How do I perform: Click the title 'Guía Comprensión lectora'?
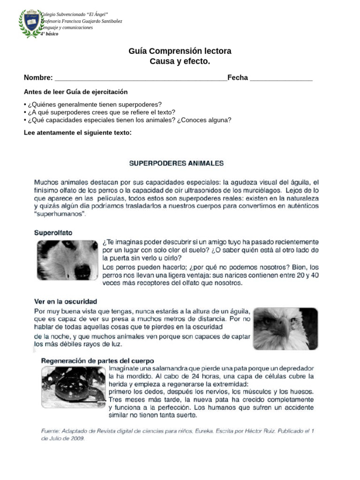[180, 51]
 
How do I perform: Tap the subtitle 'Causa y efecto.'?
[180, 61]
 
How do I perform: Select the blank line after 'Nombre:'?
[141, 79]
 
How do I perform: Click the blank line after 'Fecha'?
[281, 79]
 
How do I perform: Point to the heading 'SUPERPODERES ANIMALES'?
[176, 164]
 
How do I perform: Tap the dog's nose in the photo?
[82, 270]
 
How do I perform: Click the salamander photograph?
[72, 387]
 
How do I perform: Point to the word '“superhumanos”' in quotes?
[60, 214]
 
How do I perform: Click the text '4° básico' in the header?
[50, 34]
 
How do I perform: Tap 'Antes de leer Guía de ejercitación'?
[75, 92]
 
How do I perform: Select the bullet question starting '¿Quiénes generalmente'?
[93, 104]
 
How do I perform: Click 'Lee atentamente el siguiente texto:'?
[78, 133]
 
